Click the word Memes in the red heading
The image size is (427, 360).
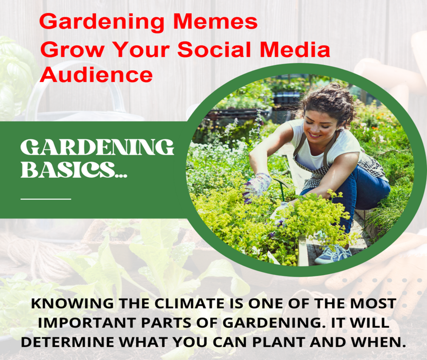click(x=215, y=22)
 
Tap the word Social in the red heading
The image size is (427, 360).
click(x=214, y=49)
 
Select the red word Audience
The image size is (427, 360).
click(x=96, y=75)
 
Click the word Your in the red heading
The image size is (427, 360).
click(x=141, y=49)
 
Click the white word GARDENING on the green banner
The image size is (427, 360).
click(x=97, y=147)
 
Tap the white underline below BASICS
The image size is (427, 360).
click(x=46, y=199)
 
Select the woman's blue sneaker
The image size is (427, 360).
click(x=333, y=253)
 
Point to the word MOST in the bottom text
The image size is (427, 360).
click(x=373, y=304)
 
